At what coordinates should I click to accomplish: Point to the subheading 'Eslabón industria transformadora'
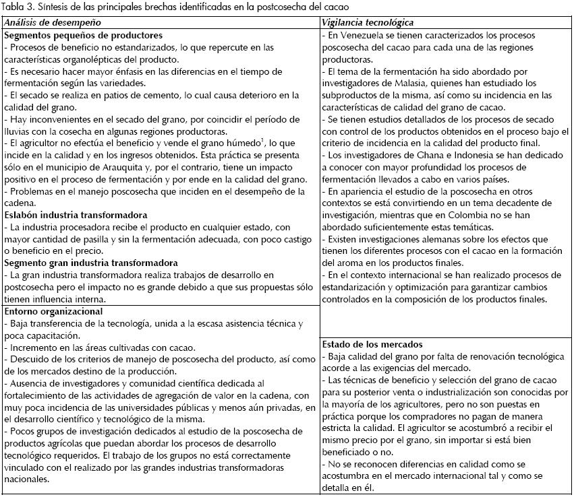[x=76, y=216]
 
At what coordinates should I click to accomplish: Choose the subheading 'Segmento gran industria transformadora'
[x=91, y=263]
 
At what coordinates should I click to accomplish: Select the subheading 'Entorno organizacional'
[x=53, y=312]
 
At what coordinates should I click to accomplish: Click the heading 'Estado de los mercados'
[x=372, y=345]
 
